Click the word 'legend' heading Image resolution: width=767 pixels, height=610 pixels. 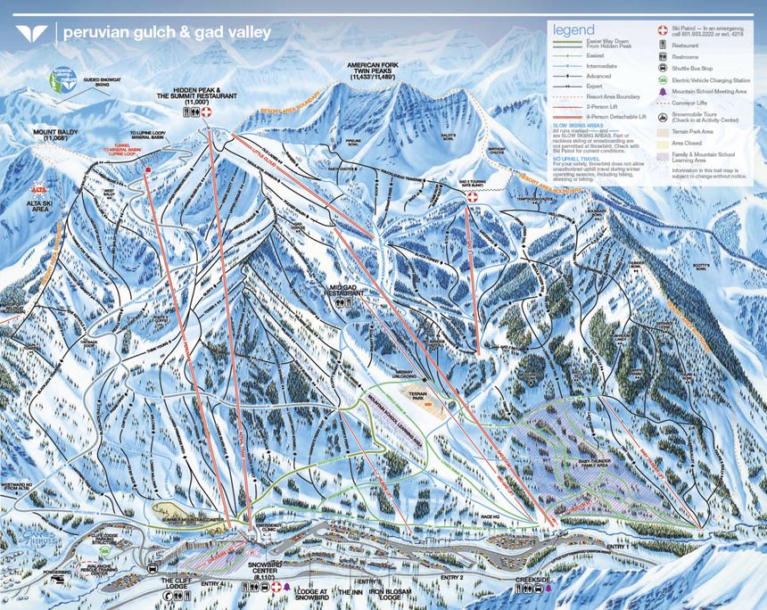click(574, 29)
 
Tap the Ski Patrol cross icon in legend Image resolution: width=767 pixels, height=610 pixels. click(663, 29)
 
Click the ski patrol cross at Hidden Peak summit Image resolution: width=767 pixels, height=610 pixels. click(207, 114)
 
